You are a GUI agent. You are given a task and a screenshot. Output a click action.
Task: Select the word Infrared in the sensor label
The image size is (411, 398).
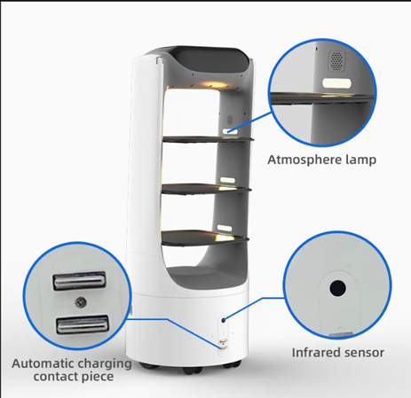click(316, 352)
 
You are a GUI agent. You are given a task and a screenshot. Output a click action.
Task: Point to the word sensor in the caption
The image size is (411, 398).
click(364, 352)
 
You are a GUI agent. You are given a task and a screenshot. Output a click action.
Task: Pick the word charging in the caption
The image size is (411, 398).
click(105, 363)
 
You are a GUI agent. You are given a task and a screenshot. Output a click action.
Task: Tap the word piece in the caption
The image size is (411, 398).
click(99, 378)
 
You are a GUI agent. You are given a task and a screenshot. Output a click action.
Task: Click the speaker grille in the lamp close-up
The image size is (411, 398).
click(336, 59)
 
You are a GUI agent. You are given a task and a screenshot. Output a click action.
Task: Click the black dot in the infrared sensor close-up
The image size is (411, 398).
click(337, 289)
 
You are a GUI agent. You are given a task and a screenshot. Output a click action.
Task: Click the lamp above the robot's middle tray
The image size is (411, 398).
click(225, 178)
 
